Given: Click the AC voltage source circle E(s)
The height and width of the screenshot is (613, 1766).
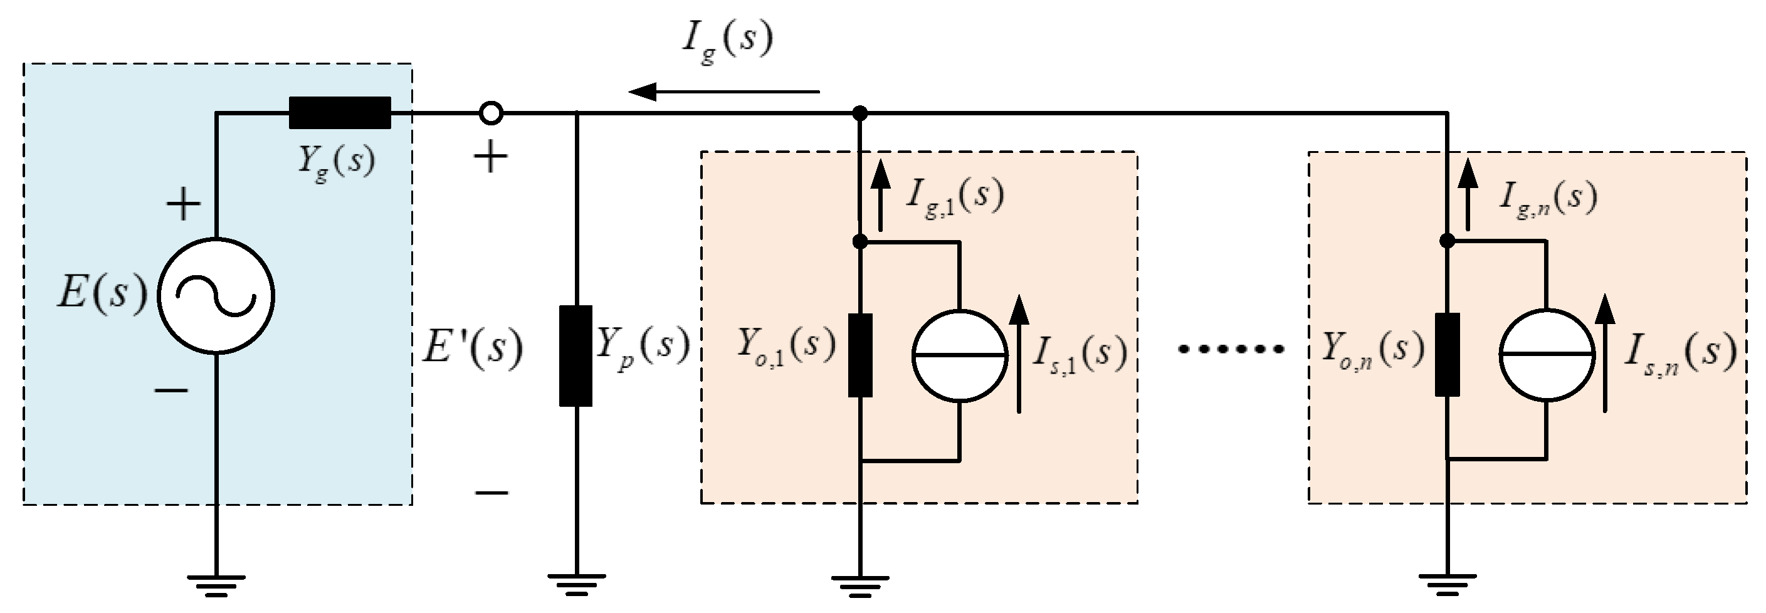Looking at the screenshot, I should click(216, 295).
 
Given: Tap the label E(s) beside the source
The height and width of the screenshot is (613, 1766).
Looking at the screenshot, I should click(102, 293).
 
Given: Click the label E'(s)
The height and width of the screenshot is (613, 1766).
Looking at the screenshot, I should click(471, 348).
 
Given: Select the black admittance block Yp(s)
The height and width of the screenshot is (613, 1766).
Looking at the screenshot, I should click(576, 357).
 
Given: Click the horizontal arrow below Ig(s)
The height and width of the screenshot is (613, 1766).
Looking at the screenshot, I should click(723, 91).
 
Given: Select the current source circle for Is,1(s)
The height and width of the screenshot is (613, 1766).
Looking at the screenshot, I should click(959, 355).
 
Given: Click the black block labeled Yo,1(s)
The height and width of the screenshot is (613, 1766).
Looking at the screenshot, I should click(859, 355).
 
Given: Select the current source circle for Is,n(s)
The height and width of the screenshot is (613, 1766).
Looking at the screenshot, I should click(1547, 355).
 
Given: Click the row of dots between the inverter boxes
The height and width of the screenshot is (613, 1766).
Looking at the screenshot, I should click(1231, 350).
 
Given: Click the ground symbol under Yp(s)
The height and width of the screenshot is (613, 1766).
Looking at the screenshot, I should click(576, 584).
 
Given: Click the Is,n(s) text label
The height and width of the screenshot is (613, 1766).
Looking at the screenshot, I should click(1679, 354).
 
